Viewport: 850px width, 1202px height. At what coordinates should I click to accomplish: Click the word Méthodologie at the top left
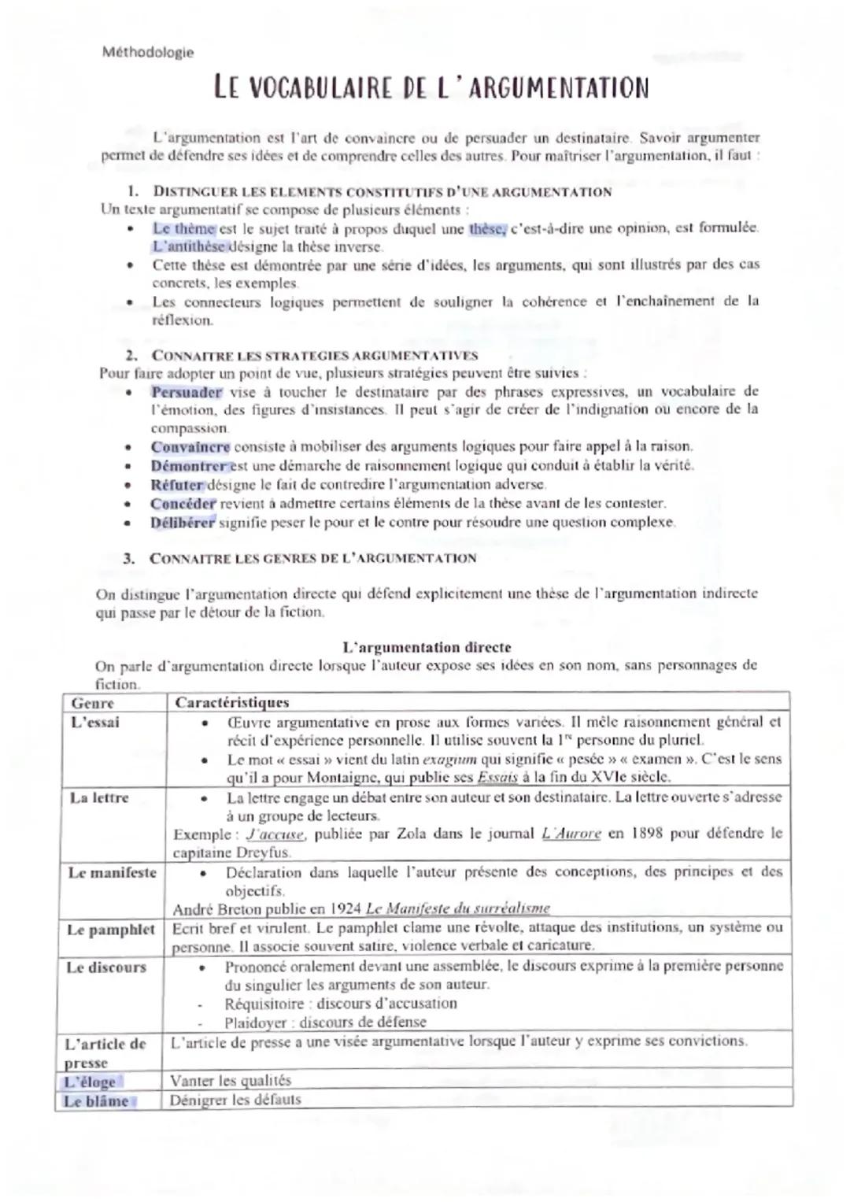coord(148,53)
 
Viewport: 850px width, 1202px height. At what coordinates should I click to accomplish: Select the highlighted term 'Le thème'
coord(183,229)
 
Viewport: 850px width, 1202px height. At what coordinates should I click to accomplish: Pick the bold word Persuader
coord(187,392)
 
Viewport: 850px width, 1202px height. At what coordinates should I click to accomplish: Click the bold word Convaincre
coord(190,447)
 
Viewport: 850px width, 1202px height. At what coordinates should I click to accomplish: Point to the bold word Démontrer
coord(189,466)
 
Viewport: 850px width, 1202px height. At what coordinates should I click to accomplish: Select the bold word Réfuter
coord(177,485)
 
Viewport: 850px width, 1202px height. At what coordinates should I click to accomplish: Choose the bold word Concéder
coord(183,504)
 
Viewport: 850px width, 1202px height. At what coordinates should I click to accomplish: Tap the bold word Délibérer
coord(183,523)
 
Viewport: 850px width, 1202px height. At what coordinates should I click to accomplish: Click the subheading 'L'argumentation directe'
coord(427,648)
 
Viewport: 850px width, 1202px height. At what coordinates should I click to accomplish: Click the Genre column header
coord(92,703)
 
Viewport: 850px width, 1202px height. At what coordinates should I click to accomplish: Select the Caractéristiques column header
coord(231,703)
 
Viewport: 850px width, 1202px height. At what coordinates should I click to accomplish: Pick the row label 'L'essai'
coord(94,723)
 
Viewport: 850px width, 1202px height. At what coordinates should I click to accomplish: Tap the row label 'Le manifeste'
coord(112,873)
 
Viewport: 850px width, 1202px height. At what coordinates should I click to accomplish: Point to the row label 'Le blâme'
coord(96,1101)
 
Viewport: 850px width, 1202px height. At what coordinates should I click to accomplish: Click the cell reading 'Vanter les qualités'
coord(231,1081)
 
